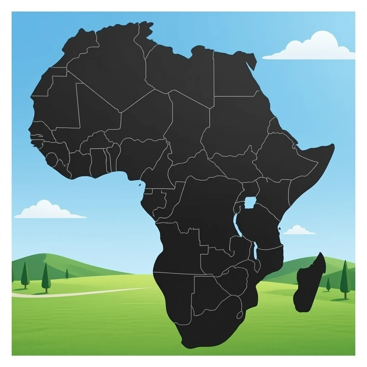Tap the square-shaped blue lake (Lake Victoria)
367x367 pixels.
(249, 202)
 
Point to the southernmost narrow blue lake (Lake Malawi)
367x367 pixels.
(256, 251)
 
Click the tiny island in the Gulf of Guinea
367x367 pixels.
(139, 185)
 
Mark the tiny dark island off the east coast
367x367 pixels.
(279, 228)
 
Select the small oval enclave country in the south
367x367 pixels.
(239, 315)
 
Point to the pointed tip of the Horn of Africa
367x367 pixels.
(333, 145)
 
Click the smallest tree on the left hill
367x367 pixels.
(67, 273)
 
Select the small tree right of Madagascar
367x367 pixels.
(328, 284)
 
